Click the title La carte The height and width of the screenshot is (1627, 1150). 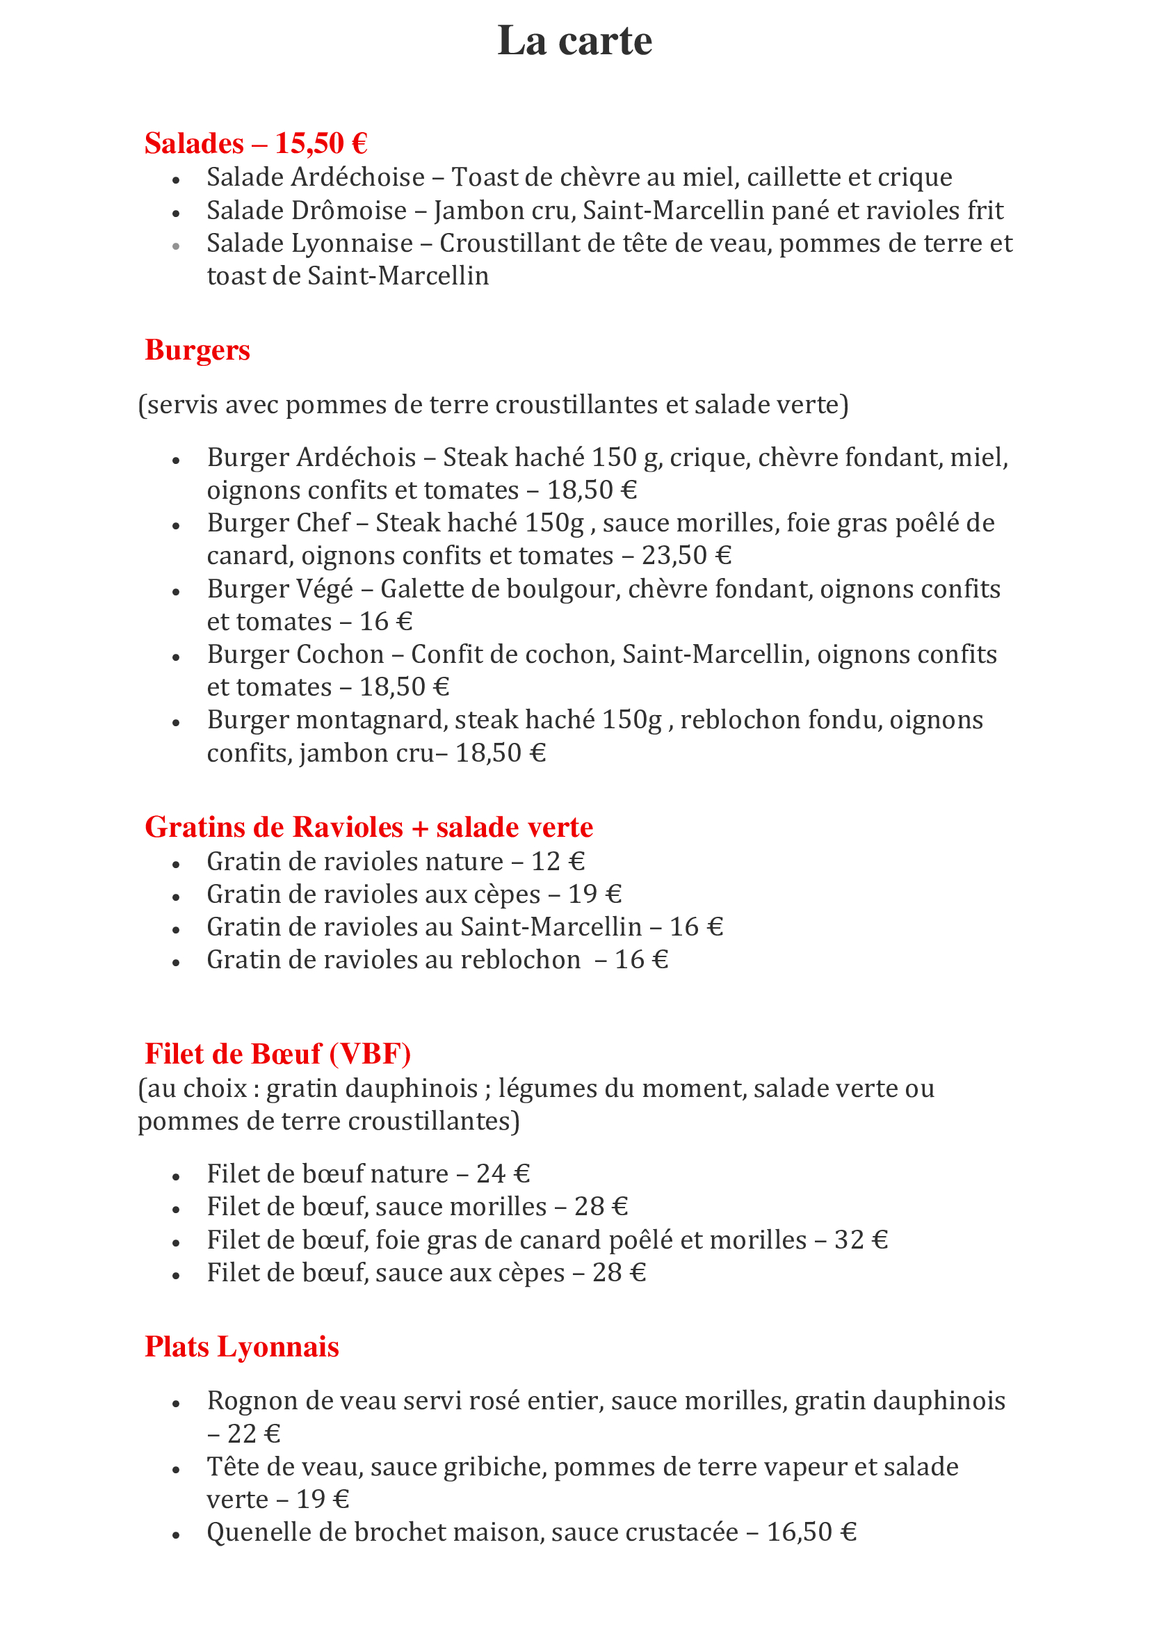point(574,40)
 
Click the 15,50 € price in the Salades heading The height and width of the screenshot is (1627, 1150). point(321,143)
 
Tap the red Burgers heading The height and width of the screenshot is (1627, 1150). point(197,350)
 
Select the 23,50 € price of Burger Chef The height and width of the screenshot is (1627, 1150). point(686,556)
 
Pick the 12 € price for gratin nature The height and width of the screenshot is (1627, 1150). point(558,862)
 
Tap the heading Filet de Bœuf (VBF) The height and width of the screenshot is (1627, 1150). point(278,1054)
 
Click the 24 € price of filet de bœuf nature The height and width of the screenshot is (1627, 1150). point(503,1174)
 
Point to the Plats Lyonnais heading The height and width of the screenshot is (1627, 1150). point(242,1347)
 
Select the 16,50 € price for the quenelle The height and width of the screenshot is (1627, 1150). point(811,1532)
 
